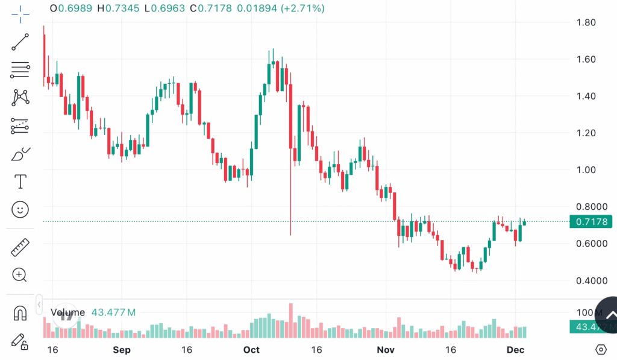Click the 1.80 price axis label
point(586,23)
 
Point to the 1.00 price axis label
point(586,170)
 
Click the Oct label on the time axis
point(251,350)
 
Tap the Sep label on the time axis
point(121,350)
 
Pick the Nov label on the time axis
point(385,350)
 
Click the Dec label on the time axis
point(516,350)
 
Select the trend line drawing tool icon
point(20,42)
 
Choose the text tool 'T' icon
point(20,181)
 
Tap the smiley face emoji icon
point(20,209)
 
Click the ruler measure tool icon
point(20,247)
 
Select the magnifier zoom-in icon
point(20,275)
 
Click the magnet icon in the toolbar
point(20,314)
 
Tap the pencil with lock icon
point(20,341)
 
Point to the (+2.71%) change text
point(302,8)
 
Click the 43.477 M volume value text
point(113,312)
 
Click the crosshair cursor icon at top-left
point(20,13)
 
